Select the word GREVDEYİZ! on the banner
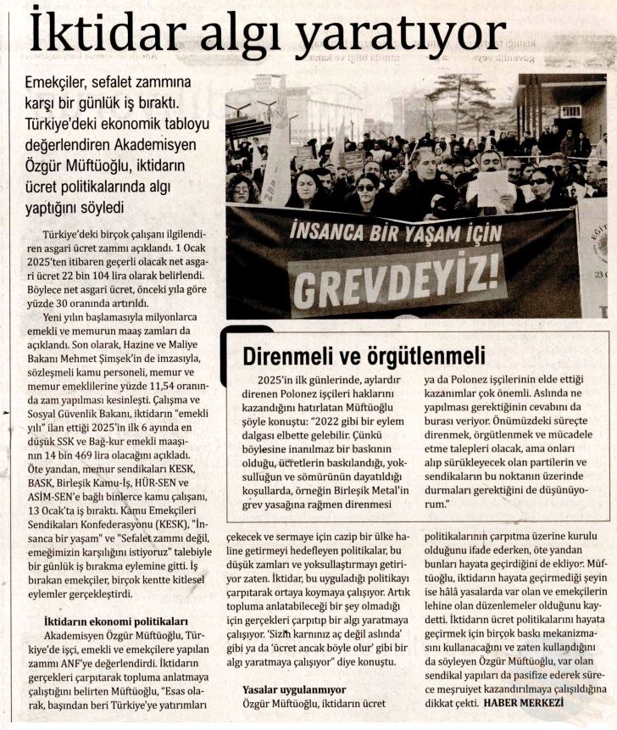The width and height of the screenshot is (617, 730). point(397,276)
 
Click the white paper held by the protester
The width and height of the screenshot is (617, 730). point(490,187)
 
